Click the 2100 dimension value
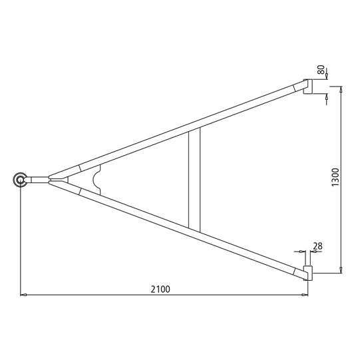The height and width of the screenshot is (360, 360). point(160,289)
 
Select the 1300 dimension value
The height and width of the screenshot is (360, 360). point(335,178)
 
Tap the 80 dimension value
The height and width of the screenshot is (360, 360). point(321,70)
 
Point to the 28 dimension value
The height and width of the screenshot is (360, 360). point(318,246)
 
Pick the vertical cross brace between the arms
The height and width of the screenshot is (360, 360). point(194,180)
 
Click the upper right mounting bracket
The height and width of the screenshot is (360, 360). point(308,87)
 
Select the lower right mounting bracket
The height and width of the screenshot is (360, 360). point(308,273)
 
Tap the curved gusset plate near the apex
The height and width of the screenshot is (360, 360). point(96,180)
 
